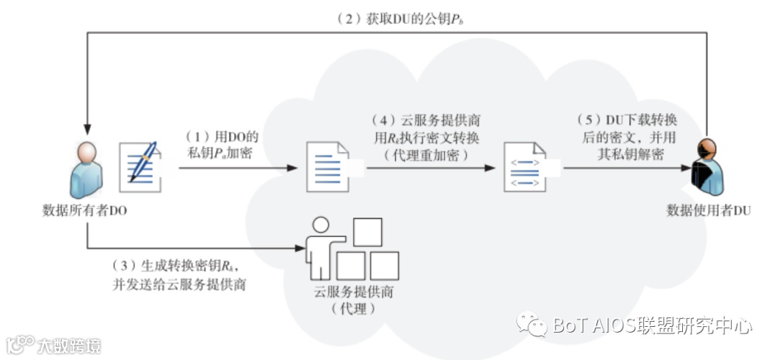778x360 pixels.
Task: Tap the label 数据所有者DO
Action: (x=86, y=210)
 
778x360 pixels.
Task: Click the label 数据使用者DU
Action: (x=709, y=210)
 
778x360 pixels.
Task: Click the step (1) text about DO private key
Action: (x=220, y=144)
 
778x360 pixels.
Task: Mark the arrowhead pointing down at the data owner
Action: (x=86, y=132)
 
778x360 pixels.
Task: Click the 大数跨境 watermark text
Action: (x=69, y=346)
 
